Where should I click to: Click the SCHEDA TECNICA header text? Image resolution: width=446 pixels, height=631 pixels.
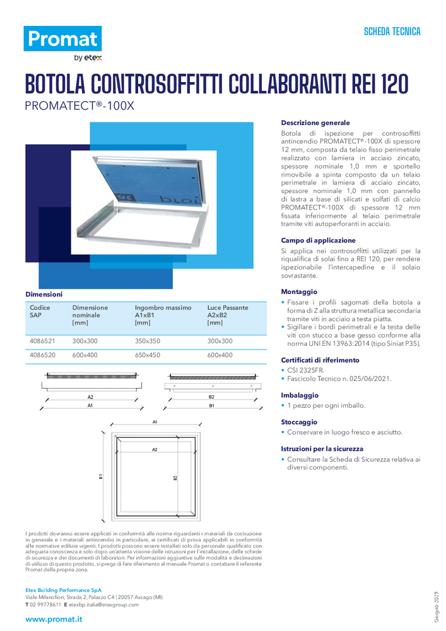[392, 32]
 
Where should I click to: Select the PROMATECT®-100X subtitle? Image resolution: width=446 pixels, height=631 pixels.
[79, 106]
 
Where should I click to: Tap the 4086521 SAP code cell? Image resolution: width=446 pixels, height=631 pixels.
[42, 341]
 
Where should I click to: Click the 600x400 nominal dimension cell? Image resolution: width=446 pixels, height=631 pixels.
[85, 355]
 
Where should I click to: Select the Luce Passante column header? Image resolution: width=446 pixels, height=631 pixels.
[227, 308]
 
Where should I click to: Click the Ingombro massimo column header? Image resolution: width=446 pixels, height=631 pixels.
[163, 308]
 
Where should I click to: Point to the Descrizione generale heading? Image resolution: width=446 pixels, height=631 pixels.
[315, 123]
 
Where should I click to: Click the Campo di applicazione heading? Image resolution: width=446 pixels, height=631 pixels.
[318, 240]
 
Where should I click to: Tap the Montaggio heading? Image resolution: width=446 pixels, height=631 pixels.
[299, 292]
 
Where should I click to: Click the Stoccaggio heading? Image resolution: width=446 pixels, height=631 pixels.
[299, 422]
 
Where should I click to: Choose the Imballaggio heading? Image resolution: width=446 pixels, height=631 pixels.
[300, 395]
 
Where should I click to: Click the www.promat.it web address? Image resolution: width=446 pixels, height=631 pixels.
[54, 619]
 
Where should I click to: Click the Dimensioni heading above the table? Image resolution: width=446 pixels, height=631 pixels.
[44, 294]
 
